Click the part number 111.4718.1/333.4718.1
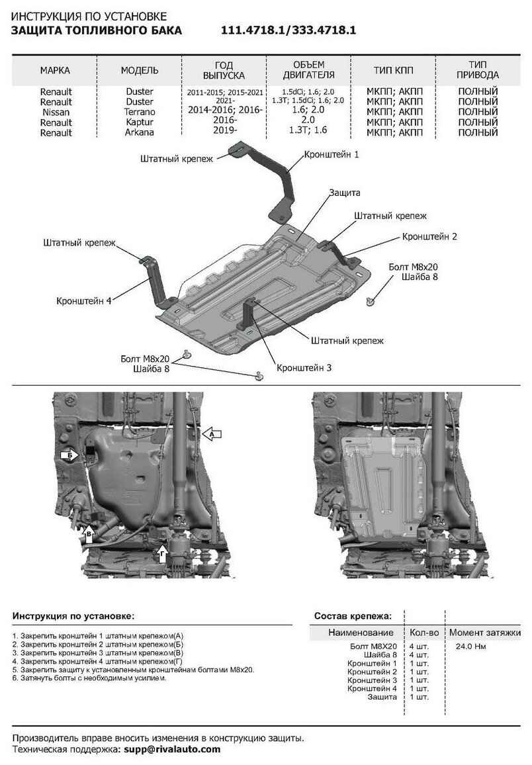288,30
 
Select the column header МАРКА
55,69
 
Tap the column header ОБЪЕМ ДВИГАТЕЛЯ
308,69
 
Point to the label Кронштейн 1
332,154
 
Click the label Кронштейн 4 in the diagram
84,300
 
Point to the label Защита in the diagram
344,193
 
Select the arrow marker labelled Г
163,551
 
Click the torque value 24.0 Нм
471,646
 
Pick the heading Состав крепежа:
353,616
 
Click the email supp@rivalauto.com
170,749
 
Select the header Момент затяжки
484,632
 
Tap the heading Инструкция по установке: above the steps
73,616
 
